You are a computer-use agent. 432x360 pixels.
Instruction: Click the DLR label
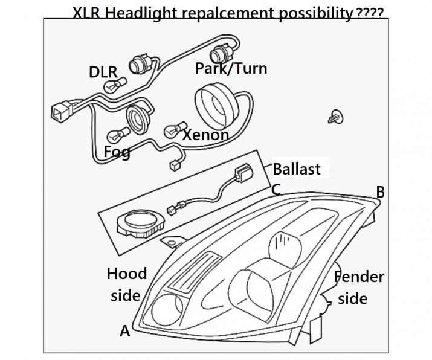click(x=102, y=72)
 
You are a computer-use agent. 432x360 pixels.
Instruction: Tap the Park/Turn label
click(x=231, y=68)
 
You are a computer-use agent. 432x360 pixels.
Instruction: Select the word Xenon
click(x=205, y=134)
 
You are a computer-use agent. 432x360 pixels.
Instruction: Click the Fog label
click(x=117, y=152)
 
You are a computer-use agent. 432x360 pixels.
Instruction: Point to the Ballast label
click(x=297, y=169)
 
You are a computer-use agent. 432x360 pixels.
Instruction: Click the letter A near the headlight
click(x=125, y=330)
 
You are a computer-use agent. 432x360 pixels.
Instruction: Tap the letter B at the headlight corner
click(x=380, y=191)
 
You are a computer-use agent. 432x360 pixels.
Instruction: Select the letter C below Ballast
click(x=276, y=189)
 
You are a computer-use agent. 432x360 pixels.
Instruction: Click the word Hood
click(x=127, y=274)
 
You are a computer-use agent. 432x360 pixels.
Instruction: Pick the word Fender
click(x=360, y=277)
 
